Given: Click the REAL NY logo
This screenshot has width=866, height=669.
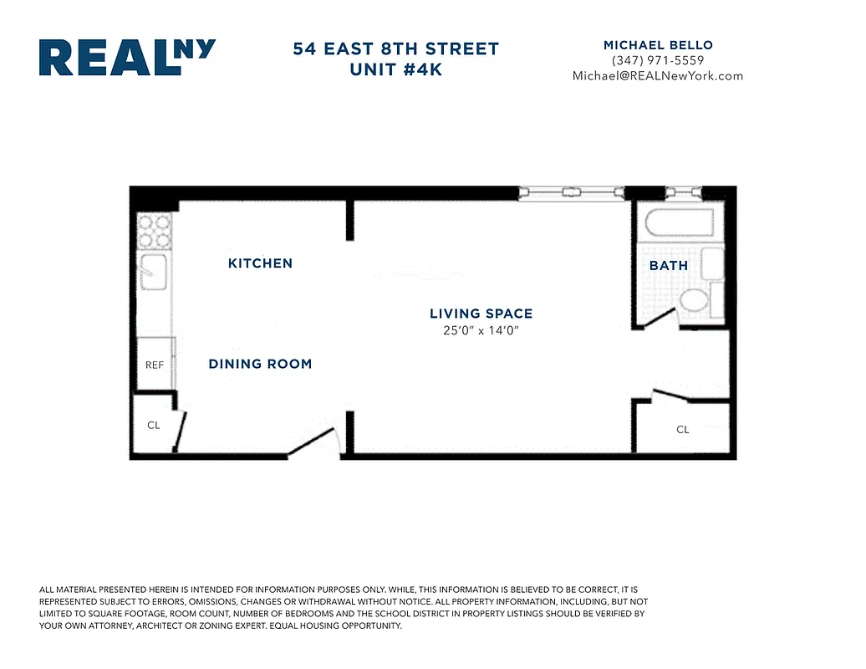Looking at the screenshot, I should click(127, 58).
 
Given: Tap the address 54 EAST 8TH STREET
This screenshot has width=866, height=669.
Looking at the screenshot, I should click(395, 49).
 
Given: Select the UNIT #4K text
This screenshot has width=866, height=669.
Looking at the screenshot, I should click(395, 69).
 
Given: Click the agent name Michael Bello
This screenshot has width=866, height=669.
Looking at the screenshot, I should click(658, 44).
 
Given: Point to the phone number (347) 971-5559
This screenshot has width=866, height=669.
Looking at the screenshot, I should click(658, 60).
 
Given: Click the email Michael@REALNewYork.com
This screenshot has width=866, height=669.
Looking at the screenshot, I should click(658, 76).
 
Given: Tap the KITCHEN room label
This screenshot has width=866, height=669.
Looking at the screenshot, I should click(260, 263).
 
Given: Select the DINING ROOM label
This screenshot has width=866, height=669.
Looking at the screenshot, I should click(260, 364).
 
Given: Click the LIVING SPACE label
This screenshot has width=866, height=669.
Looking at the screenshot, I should click(481, 314).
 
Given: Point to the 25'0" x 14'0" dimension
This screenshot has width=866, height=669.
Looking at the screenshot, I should click(481, 330).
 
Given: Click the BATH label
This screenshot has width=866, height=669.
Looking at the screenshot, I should click(669, 266).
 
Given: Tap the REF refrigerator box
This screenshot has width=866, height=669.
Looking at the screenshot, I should click(155, 365).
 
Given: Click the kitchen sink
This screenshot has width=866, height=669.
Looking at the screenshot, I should click(154, 269).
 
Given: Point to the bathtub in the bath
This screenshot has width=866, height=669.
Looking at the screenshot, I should click(679, 224).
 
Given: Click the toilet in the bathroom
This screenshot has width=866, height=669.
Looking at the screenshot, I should click(694, 300).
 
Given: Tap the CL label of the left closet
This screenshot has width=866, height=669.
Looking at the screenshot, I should click(154, 426).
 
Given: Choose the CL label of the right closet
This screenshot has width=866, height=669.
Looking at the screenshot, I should click(683, 430).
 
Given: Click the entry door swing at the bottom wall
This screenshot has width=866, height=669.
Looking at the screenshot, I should click(316, 444).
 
